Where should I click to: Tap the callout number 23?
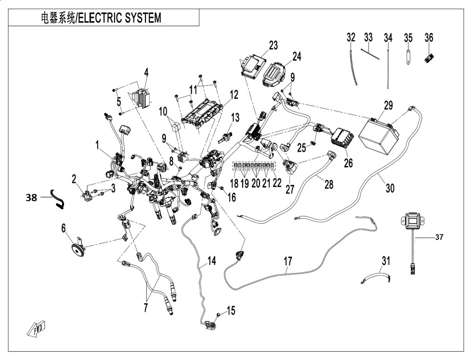[274, 46]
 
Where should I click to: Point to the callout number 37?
[438, 237]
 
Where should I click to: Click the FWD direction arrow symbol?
[37, 329]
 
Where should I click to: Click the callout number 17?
[288, 262]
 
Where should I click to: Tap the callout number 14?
[211, 261]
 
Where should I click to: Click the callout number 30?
[390, 188]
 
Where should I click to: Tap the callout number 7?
[145, 308]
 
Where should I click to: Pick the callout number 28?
[328, 184]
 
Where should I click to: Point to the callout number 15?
[231, 311]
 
